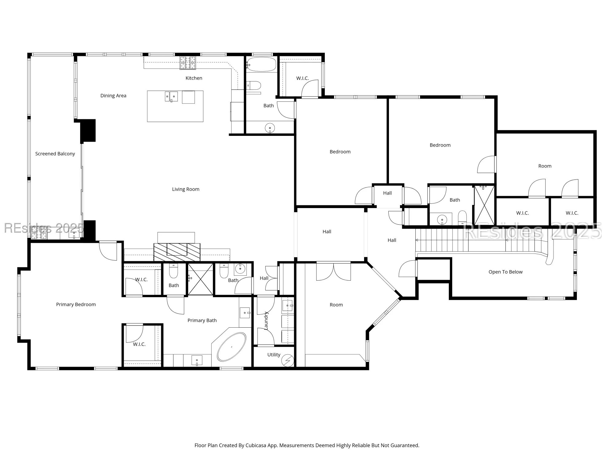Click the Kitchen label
(x=194, y=78)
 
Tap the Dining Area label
(x=113, y=96)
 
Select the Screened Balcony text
(x=55, y=154)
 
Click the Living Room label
(x=185, y=189)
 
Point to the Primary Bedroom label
(x=76, y=305)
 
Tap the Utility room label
(x=274, y=355)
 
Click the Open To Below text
(x=505, y=272)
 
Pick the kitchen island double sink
(x=171, y=97)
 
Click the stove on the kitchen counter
(x=188, y=63)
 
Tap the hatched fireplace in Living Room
(x=177, y=252)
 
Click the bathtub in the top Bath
(x=262, y=65)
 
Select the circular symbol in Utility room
(x=288, y=360)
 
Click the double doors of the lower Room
(x=333, y=271)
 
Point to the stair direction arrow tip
(x=417, y=240)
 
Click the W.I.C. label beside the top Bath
(x=302, y=78)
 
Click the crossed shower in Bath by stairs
(x=484, y=205)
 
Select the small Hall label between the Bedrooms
(x=387, y=193)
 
